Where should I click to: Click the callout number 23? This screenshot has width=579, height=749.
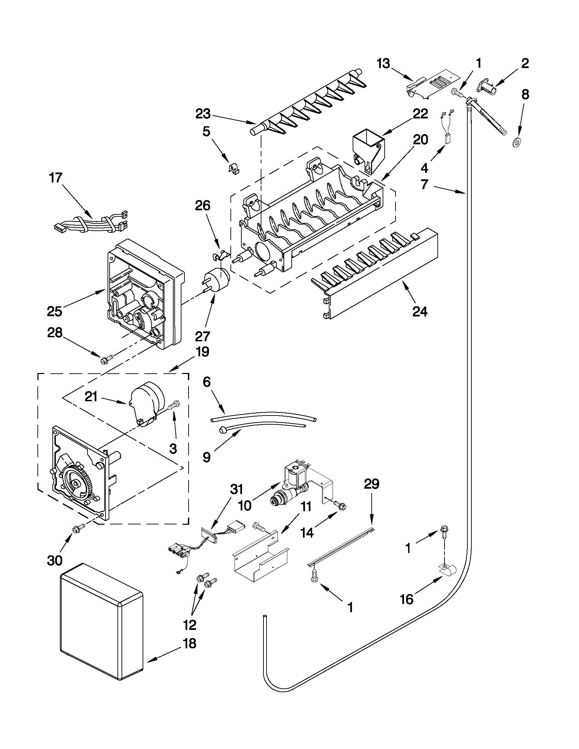click(x=203, y=114)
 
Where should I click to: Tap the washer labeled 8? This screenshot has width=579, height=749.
click(x=515, y=141)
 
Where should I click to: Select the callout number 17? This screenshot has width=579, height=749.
click(x=55, y=178)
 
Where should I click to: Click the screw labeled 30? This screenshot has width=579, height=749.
click(x=76, y=530)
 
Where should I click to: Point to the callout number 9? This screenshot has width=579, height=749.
click(x=207, y=457)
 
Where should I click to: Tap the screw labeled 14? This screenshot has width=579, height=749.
click(x=342, y=506)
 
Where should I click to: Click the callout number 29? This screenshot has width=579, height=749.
click(x=371, y=484)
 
